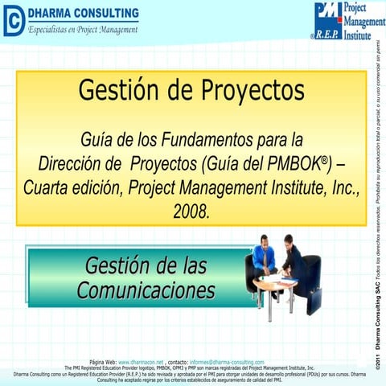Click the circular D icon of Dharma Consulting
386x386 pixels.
click(14, 22)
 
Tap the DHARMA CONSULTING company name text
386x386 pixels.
click(84, 14)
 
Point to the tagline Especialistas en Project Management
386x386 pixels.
click(84, 30)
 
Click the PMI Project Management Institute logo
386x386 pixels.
click(341, 20)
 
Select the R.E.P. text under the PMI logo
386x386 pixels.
click(326, 35)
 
